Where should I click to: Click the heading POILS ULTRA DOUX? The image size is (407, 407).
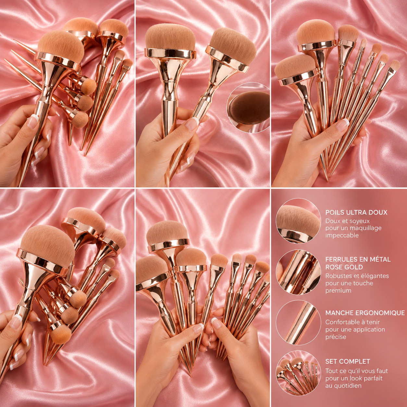pyautogui.click(x=356, y=212)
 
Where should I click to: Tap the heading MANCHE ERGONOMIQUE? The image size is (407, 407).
pyautogui.click(x=365, y=313)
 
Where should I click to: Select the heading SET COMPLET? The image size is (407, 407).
pyautogui.click(x=348, y=361)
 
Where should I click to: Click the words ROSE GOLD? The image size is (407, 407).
pyautogui.click(x=344, y=267)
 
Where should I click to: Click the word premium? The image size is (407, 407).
pyautogui.click(x=338, y=290)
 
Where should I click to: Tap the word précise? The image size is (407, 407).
pyautogui.click(x=336, y=337)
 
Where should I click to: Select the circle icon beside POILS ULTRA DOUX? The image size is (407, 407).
pyautogui.click(x=299, y=221)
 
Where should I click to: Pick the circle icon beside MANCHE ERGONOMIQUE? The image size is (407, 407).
pyautogui.click(x=299, y=322)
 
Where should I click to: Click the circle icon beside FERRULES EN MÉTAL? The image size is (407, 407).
pyautogui.click(x=299, y=272)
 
